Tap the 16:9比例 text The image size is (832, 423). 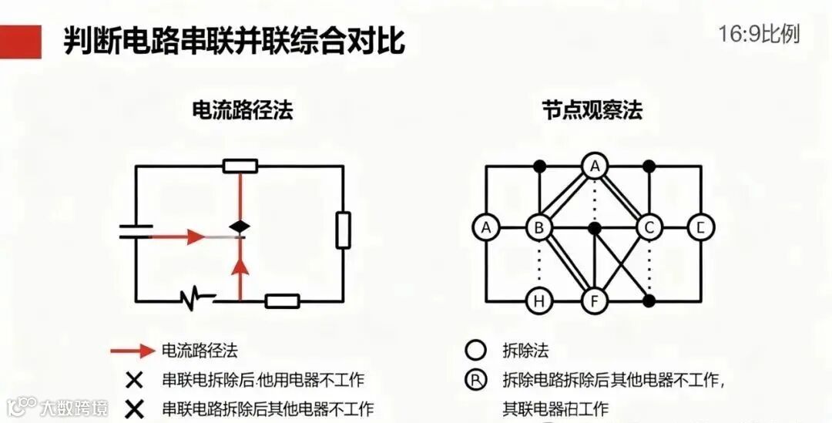759,35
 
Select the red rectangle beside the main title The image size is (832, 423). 21,41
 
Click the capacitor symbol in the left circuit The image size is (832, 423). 136,231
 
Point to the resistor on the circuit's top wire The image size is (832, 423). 240,165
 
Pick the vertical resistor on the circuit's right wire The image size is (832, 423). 343,230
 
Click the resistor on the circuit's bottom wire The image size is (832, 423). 282,301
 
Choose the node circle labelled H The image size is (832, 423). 538,301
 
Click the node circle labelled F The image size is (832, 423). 594,301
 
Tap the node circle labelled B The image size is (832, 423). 538,228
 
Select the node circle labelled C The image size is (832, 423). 649,228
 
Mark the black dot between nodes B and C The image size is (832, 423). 594,228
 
